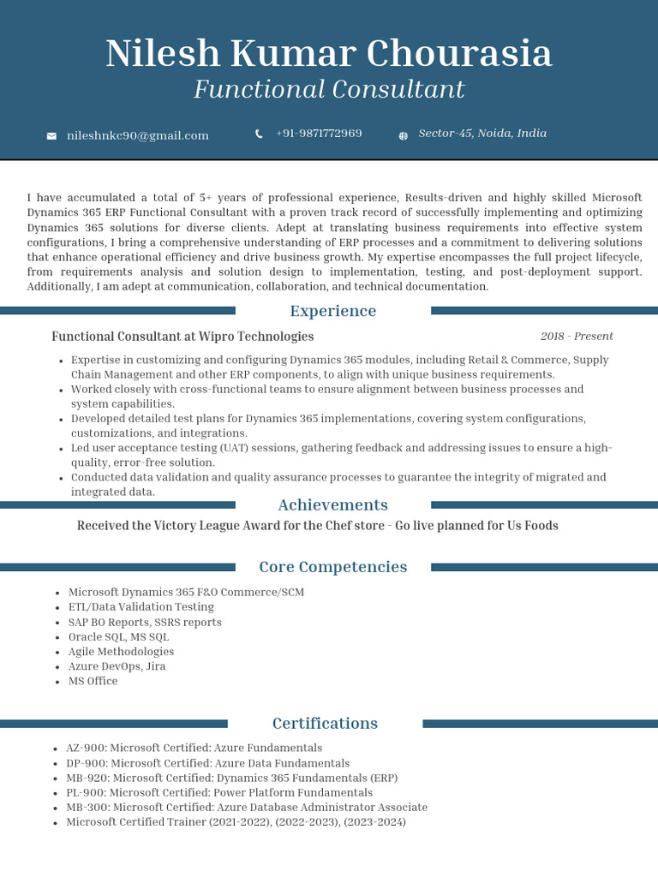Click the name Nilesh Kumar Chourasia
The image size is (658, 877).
click(x=329, y=54)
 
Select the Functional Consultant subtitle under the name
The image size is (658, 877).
click(x=329, y=89)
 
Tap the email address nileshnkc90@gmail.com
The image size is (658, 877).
click(x=138, y=135)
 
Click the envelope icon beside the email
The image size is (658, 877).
click(x=51, y=136)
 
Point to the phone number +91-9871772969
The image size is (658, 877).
click(x=319, y=134)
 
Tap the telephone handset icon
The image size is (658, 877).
click(x=259, y=134)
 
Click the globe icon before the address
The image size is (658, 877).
click(x=404, y=135)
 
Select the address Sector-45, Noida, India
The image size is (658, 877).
click(x=482, y=134)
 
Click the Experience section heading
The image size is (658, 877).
click(x=332, y=311)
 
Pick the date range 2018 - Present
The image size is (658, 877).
click(x=577, y=337)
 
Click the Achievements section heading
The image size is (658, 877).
click(x=332, y=505)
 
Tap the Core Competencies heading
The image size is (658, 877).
click(x=332, y=567)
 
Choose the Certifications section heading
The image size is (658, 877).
click(x=325, y=724)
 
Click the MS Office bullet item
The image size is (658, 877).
click(x=93, y=682)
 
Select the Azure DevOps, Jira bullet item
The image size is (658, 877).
click(x=117, y=666)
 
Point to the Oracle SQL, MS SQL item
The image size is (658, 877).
click(x=118, y=637)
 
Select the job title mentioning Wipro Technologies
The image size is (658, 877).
click(x=182, y=337)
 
